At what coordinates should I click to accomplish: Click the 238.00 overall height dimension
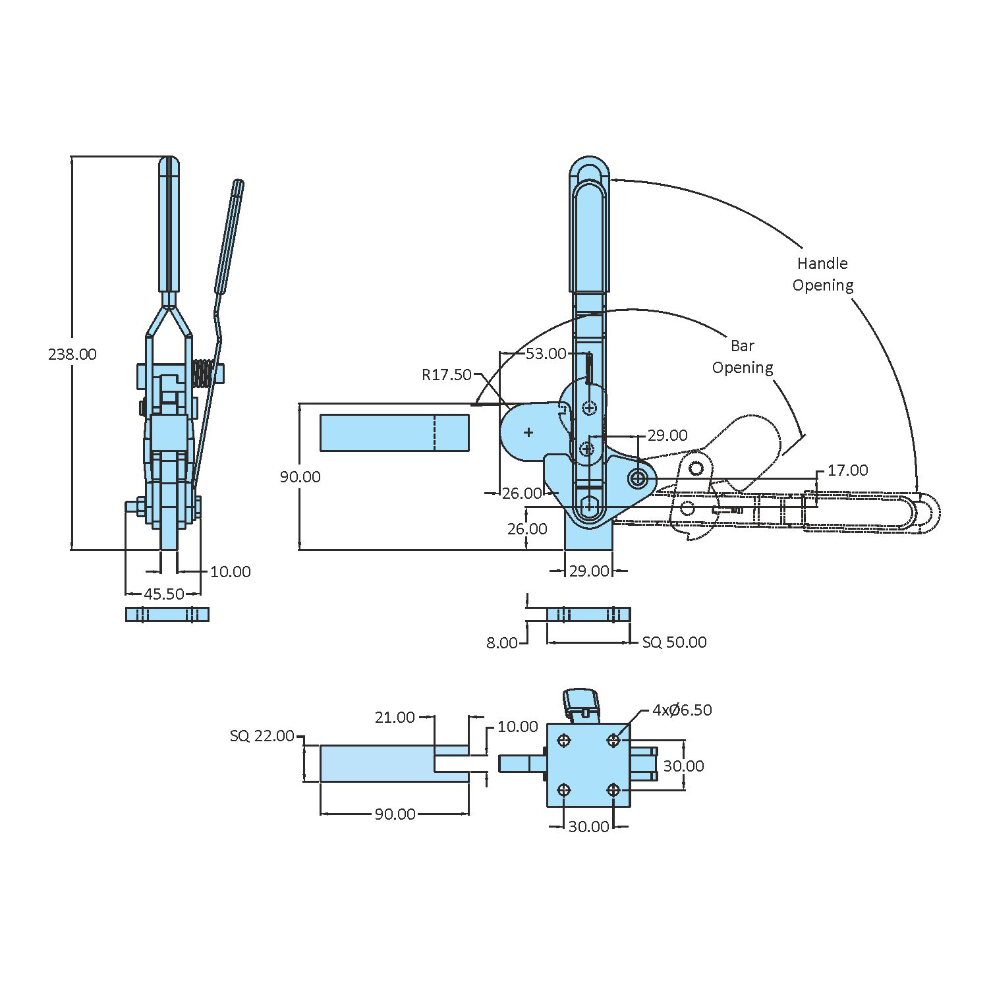(x=72, y=354)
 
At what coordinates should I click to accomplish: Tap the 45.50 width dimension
(x=164, y=594)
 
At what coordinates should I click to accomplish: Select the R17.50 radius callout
(x=447, y=375)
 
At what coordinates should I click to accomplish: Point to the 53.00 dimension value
(x=546, y=354)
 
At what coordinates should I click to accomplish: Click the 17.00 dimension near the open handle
(x=847, y=470)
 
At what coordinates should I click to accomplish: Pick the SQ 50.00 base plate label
(x=674, y=642)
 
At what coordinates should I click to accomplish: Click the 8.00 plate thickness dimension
(x=502, y=642)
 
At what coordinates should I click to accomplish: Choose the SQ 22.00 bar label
(x=262, y=736)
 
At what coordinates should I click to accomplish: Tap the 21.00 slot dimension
(x=395, y=717)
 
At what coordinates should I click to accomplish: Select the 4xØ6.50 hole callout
(x=682, y=710)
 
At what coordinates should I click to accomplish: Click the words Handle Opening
(x=822, y=274)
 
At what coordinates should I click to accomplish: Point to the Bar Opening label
(x=743, y=356)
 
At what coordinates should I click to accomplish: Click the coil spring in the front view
(x=204, y=374)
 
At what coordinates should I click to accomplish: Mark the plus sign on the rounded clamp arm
(x=528, y=432)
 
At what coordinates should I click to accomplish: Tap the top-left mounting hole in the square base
(x=564, y=741)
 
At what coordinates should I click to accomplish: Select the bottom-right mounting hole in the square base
(x=613, y=790)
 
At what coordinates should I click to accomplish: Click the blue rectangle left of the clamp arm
(x=394, y=433)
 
